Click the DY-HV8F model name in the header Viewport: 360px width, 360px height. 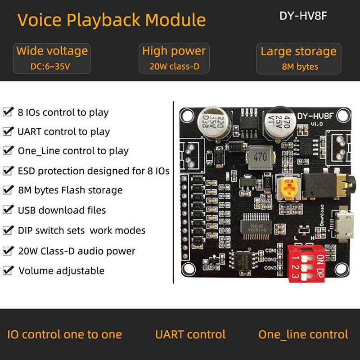tap(302, 15)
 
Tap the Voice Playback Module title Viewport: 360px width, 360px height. tap(112, 20)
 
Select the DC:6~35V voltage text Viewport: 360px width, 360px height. tap(52, 67)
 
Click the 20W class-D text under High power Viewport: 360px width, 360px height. tap(174, 67)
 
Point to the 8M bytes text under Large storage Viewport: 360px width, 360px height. tap(298, 67)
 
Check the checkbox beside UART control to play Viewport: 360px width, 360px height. tap(8, 131)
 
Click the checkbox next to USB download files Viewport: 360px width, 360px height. tap(8, 210)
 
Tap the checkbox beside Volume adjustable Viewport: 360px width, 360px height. tap(8, 270)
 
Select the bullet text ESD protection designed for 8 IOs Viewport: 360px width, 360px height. tap(93, 171)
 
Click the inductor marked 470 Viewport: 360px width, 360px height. tap(260, 157)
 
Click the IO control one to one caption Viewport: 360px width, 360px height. tap(64, 334)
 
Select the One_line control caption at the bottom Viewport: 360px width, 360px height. tap(303, 334)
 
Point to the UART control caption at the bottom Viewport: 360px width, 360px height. tap(190, 334)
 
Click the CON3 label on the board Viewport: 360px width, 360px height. tap(270, 268)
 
